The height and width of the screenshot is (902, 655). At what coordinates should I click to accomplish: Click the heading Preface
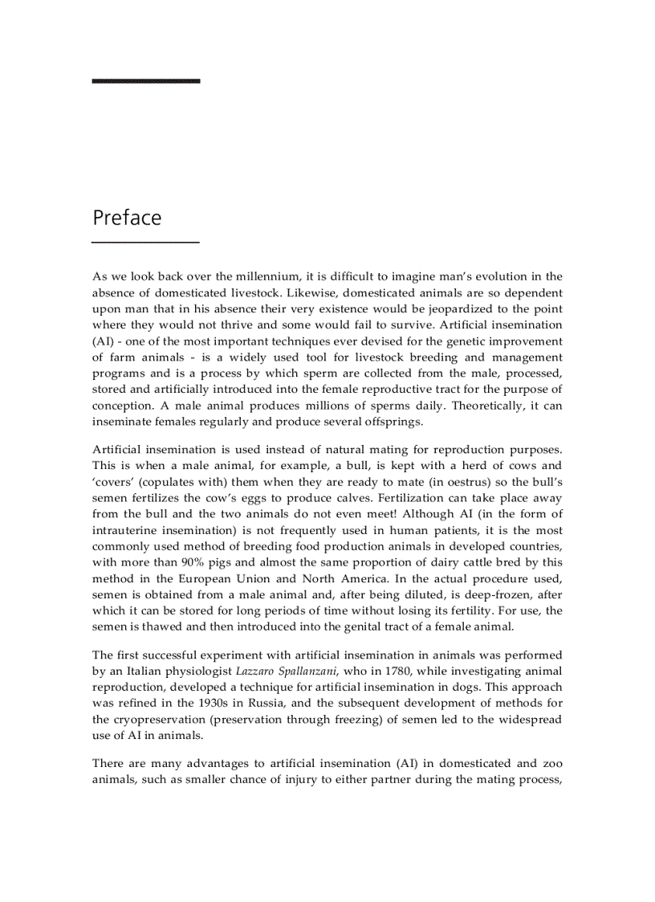coord(127,218)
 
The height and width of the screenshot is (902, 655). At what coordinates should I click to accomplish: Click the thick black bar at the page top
coord(145,80)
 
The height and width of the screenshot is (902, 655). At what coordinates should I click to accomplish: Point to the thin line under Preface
coord(145,242)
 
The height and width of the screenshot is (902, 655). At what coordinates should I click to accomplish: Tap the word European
coord(214,578)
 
